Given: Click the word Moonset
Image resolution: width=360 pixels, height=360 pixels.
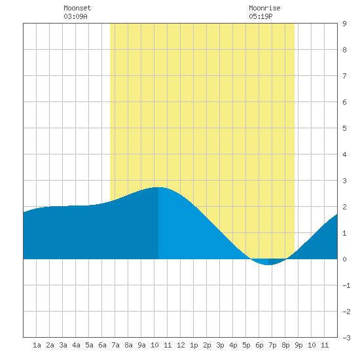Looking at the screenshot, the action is pos(77,8).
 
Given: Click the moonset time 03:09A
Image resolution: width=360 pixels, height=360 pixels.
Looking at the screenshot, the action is pos(75,16).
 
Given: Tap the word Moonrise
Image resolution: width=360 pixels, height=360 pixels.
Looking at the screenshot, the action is pos(264,8).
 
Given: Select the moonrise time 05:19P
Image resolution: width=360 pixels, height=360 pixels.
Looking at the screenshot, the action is pos(261,16).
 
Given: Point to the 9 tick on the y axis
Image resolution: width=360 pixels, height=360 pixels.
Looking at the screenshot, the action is pos(344,24).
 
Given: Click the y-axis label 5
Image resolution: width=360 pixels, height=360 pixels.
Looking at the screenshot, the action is pos(344,128).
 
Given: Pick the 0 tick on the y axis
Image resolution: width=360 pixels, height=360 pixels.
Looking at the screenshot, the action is pos(344,259).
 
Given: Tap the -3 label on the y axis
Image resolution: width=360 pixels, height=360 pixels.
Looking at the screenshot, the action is pos(346,338).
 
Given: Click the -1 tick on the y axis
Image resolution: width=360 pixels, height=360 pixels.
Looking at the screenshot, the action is pos(346,285).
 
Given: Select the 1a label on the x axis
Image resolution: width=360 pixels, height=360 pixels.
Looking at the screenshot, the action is pos(37,345).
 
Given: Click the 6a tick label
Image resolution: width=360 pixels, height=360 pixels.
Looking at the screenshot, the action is pos(102,345).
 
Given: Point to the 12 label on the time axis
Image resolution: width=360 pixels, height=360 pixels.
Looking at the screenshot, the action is pos(181,345).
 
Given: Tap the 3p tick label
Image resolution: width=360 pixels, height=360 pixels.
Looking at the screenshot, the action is pos(220,345).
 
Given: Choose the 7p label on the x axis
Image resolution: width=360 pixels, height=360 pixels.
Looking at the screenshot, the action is pos(272,345).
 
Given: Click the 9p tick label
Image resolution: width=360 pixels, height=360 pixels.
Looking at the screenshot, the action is pos(298,345).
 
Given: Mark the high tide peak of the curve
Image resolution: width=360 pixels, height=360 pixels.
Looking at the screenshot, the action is pos(158,187).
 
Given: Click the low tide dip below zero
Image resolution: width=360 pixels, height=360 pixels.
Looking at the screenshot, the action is pos(268,264).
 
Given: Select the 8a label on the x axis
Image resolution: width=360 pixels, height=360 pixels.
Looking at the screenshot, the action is pos(128,345).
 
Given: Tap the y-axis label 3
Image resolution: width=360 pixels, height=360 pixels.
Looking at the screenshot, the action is pos(344,181).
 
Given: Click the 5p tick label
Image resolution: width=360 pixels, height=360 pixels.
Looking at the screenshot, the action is pos(246,345).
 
